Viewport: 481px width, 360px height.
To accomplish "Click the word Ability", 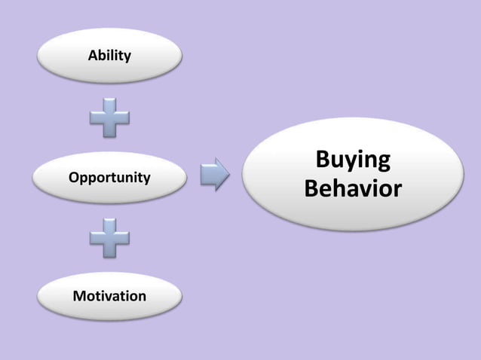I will coord(109,56).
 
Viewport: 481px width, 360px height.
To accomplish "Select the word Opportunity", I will coord(109,178).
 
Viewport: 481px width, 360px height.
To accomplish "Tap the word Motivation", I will coord(109,296).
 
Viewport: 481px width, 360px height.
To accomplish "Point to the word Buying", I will coord(353,161).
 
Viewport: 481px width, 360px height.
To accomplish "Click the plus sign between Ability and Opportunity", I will coord(110,118).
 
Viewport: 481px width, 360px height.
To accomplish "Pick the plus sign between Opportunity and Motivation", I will coord(110,238).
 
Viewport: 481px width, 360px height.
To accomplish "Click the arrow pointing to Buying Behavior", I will coord(215,174).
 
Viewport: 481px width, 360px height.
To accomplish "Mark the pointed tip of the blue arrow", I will coord(228,174).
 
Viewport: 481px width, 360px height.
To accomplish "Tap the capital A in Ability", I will coord(93,55).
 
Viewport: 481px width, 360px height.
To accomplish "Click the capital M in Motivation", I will coord(78,296).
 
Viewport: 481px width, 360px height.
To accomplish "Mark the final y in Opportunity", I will coord(146,180).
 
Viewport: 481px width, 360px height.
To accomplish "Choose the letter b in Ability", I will coord(103,55).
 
